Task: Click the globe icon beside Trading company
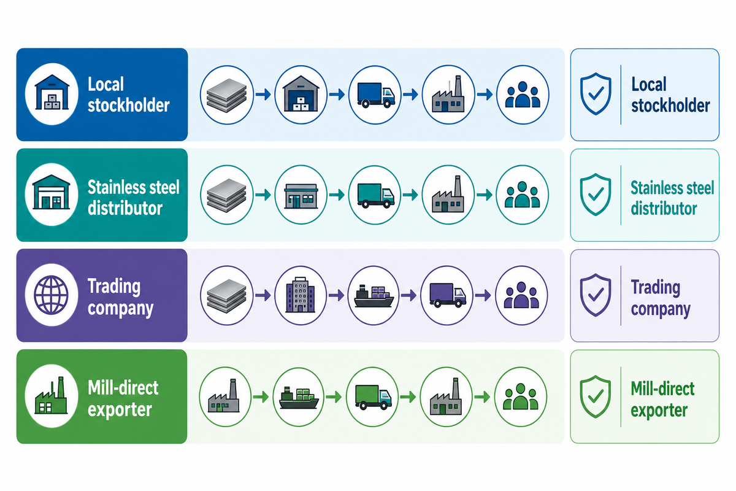click(x=52, y=295)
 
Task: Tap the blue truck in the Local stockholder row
click(x=376, y=95)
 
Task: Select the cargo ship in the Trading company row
click(x=374, y=296)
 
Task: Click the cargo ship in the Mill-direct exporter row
click(x=299, y=397)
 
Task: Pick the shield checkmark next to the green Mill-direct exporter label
click(x=596, y=396)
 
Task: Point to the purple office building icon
click(x=301, y=295)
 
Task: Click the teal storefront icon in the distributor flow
click(x=301, y=196)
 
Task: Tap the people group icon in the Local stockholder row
click(x=523, y=95)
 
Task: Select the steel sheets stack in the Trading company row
click(x=227, y=296)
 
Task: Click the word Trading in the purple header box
click(x=114, y=287)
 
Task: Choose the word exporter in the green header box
click(x=120, y=409)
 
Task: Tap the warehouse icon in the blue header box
click(x=52, y=93)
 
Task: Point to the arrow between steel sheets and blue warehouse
click(x=263, y=95)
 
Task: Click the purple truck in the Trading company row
click(x=448, y=295)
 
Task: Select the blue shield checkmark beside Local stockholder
click(x=596, y=94)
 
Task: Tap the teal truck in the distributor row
click(x=376, y=196)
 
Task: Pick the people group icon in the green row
click(x=521, y=396)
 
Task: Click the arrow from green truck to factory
click(x=408, y=397)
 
